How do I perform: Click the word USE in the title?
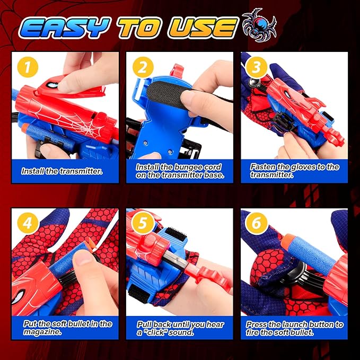click(204, 28)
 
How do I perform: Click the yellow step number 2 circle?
click(141, 67)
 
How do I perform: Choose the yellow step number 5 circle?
click(141, 224)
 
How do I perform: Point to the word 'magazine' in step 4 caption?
click(43, 332)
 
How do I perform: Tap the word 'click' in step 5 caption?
click(163, 332)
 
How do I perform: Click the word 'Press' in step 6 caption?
click(257, 324)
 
